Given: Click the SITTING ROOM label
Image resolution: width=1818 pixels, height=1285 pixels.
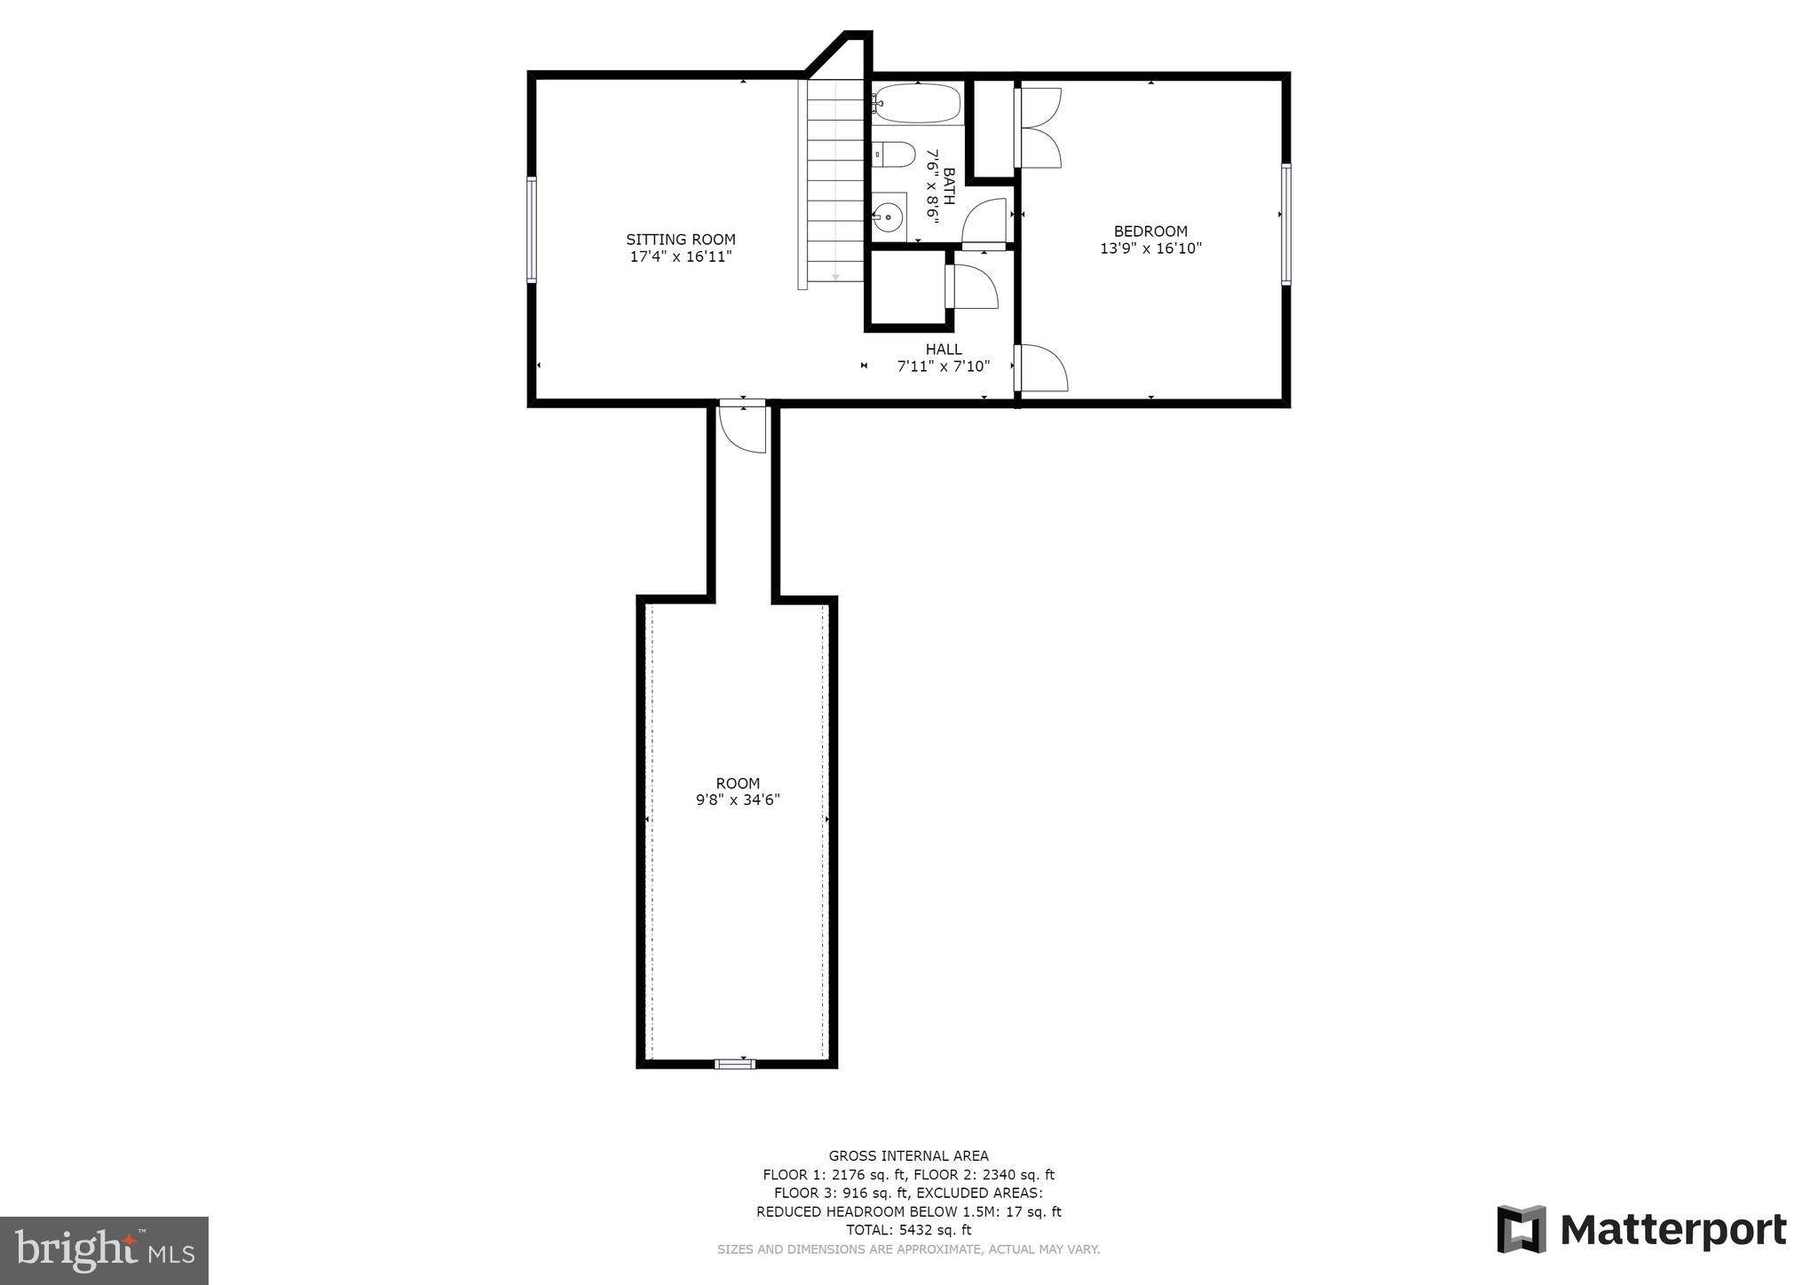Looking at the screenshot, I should (680, 240).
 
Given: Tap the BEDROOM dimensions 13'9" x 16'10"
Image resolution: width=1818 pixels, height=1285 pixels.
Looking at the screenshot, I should (1150, 249).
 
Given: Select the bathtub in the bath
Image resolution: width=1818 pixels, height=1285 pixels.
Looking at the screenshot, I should (916, 103).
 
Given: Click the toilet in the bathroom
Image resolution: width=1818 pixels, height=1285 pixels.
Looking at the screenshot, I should (893, 155).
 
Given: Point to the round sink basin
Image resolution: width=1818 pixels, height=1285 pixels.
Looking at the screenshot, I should (888, 216).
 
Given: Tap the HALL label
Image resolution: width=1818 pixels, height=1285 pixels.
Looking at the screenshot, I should (943, 350).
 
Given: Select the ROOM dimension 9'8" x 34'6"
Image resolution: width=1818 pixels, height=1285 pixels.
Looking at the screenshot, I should (738, 800).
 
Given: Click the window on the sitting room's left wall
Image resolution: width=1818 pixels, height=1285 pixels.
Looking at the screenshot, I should (532, 229).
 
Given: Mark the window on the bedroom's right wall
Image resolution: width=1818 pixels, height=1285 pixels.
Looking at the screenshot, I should (1285, 224).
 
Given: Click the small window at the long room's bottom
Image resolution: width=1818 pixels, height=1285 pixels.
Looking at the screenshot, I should (735, 1064).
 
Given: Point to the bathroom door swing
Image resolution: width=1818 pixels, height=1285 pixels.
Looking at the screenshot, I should (984, 222).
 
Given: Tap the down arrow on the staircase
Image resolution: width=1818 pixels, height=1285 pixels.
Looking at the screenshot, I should (835, 277).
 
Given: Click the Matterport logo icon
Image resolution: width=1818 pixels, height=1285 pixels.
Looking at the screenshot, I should (1522, 1229).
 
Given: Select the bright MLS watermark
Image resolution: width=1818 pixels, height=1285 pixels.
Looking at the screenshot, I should (104, 1250).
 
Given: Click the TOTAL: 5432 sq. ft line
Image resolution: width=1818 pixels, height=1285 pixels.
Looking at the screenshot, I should (908, 1230).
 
